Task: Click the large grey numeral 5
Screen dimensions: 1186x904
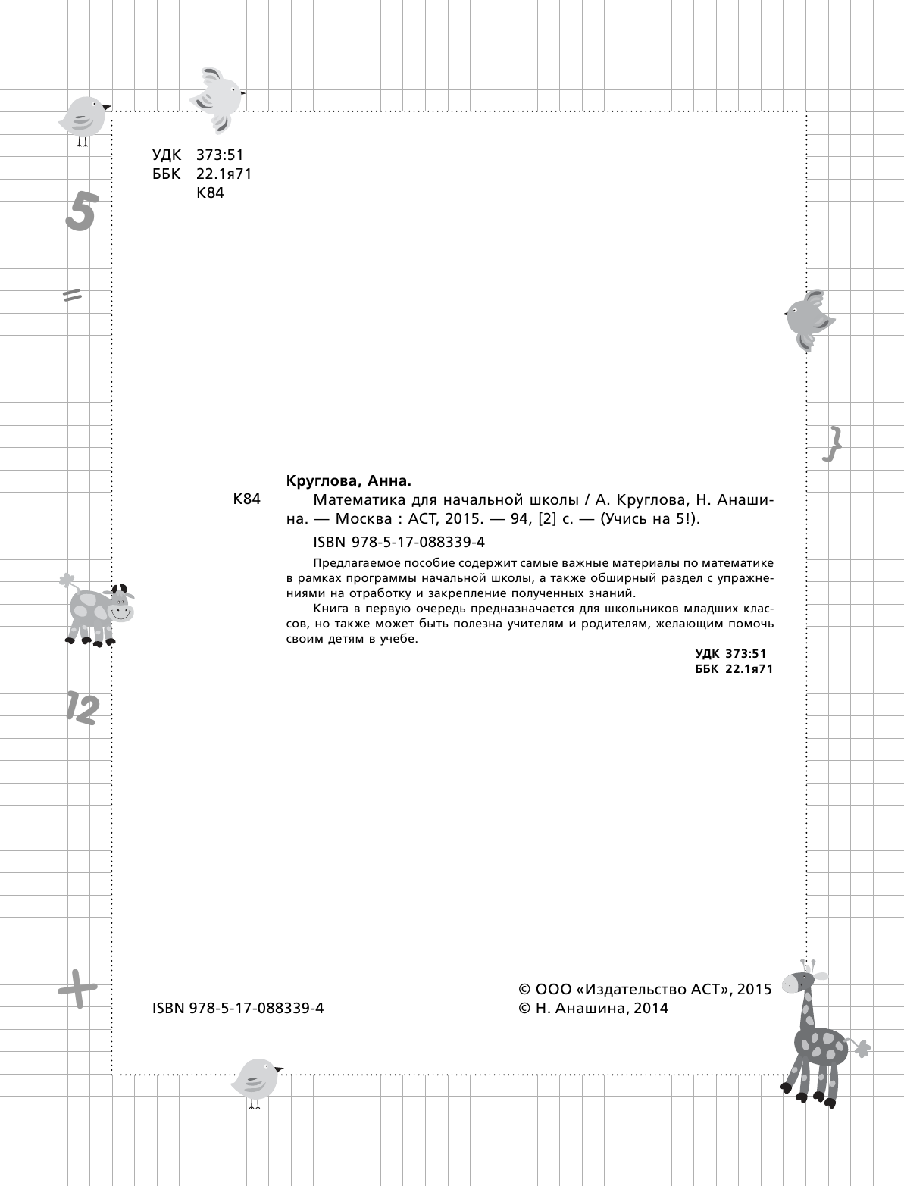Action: click(80, 211)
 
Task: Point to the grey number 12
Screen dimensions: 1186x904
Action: click(81, 707)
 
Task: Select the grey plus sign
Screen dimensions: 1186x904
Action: click(77, 987)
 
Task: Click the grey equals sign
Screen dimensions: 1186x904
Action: click(73, 295)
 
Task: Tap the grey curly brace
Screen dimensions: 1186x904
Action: click(833, 443)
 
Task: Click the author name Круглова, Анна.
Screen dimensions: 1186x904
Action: click(348, 481)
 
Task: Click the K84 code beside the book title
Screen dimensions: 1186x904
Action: click(247, 499)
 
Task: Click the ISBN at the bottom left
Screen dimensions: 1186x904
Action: click(238, 1008)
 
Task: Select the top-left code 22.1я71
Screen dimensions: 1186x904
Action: click(224, 174)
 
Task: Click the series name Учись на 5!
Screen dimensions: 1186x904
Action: click(649, 519)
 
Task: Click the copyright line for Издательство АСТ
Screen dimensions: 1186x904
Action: click(644, 989)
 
